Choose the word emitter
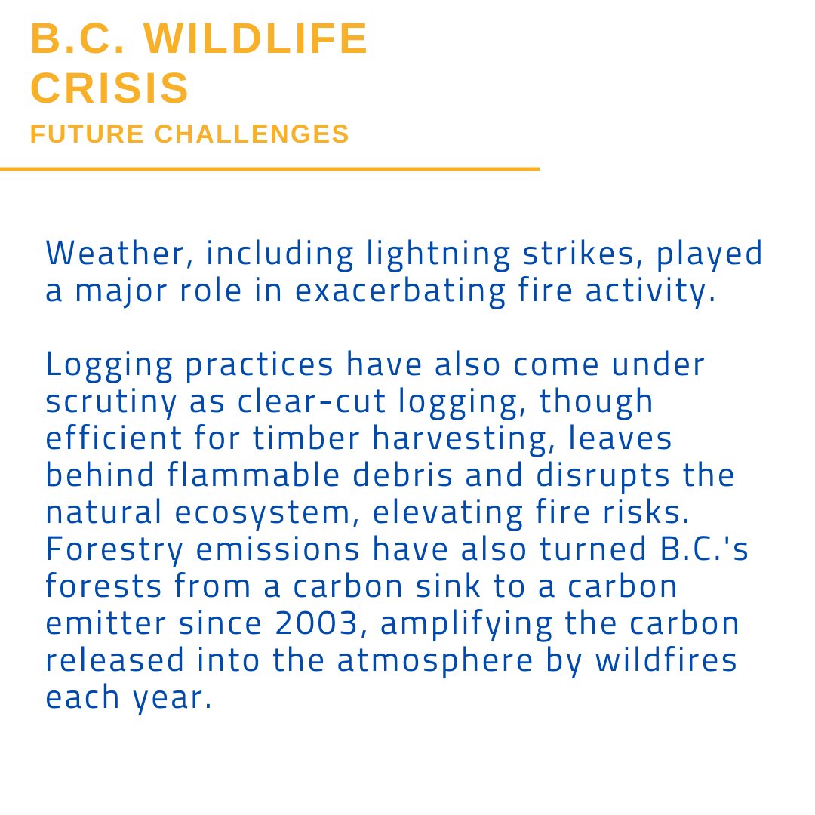pyautogui.click(x=100, y=623)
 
